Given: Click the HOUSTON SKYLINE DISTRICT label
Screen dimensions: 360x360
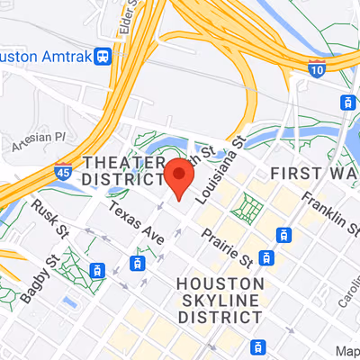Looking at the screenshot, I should [218, 300].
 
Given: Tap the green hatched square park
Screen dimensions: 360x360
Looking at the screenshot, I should [244, 209].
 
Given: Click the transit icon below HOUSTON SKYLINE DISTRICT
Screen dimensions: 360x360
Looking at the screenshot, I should [258, 346].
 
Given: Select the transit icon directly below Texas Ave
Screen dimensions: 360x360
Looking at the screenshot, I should [138, 263].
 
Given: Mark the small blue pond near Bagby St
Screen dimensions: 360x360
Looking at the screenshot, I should [70, 300].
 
